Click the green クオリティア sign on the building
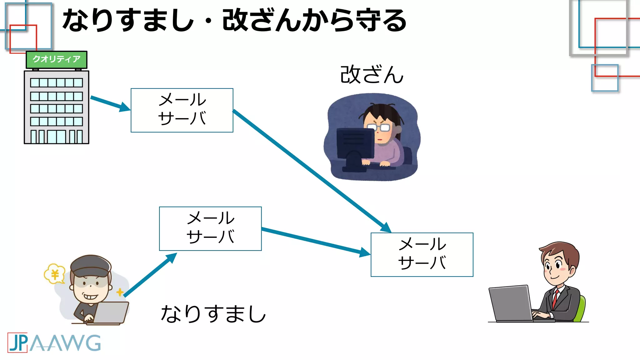[x=56, y=59]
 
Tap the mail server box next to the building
[x=182, y=110]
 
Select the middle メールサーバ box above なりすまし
[x=210, y=228]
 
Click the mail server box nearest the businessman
[x=422, y=254]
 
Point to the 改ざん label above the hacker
[x=372, y=75]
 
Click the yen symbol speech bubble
[x=55, y=274]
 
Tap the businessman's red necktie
[x=555, y=299]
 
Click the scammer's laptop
[x=111, y=312]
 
